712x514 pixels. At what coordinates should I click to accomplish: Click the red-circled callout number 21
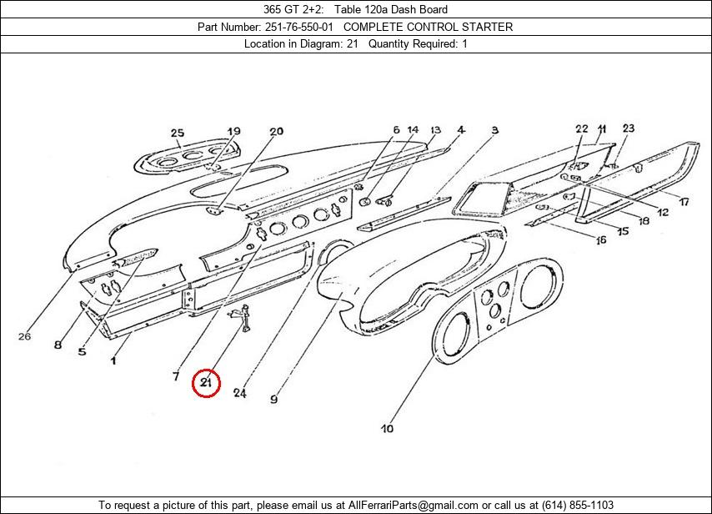[206, 383]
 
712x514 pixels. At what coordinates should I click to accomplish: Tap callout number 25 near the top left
[177, 133]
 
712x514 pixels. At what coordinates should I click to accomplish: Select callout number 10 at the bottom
[387, 429]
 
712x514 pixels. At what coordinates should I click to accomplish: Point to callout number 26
[24, 337]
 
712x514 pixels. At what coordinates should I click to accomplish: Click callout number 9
[273, 399]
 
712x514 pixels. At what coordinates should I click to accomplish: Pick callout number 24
[239, 393]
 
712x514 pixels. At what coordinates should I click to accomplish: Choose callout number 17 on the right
[683, 202]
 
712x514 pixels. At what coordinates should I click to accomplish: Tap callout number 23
[628, 128]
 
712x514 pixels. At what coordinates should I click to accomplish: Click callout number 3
[494, 130]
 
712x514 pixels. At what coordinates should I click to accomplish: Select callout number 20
[276, 131]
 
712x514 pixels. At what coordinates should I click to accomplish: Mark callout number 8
[58, 345]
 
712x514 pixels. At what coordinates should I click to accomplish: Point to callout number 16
[600, 241]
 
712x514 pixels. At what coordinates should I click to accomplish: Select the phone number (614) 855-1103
[577, 505]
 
